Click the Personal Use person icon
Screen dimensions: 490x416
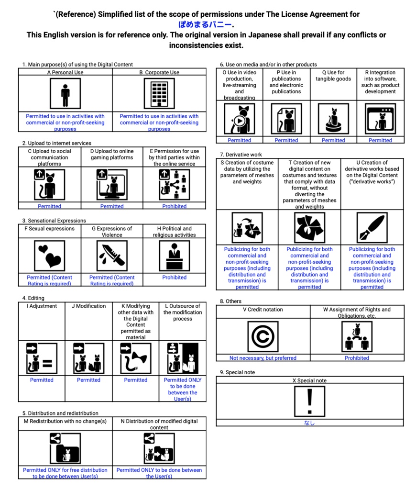pos(66,94)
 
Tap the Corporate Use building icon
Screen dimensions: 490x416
pos(159,94)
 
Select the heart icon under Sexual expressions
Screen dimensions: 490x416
pos(50,256)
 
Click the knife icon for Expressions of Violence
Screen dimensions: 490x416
pos(112,256)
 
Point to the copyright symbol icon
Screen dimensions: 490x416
pos(263,336)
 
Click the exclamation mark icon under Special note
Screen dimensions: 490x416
pos(309,401)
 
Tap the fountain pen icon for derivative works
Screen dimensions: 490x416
pos(372,228)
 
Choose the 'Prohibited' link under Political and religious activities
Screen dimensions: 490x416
pos(175,278)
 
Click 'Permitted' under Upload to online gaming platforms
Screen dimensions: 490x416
pos(112,206)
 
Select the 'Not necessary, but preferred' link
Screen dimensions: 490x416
pos(263,358)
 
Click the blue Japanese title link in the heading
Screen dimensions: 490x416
pos(205,25)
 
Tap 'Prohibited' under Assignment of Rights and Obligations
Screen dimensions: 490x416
pos(357,358)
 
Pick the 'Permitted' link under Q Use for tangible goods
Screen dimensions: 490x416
pos(333,140)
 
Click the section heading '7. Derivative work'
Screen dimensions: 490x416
pos(241,155)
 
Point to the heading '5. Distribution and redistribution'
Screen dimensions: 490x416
pos(60,413)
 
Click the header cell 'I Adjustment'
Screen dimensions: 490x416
pos(42,306)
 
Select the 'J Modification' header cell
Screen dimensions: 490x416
pos(88,306)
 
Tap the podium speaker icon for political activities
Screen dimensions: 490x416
pos(174,256)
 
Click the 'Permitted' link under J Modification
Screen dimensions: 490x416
pos(88,380)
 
